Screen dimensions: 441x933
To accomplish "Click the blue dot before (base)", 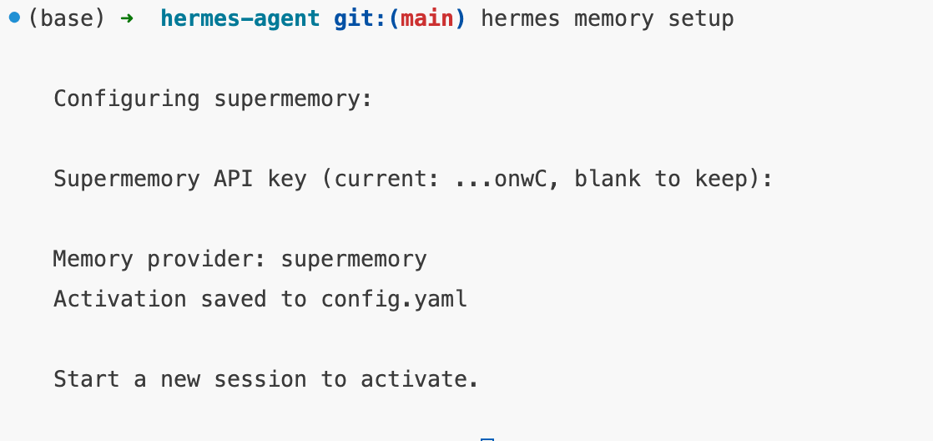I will tap(14, 18).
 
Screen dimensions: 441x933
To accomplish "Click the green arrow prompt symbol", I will tap(126, 18).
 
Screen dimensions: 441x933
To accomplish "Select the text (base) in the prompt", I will tap(67, 18).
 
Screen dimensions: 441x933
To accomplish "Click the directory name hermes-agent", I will tap(240, 18).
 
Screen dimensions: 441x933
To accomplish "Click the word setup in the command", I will tap(701, 18).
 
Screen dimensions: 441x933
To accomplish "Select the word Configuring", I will tap(127, 99).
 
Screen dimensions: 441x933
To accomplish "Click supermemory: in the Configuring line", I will tap(294, 99).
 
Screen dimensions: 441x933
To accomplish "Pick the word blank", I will tap(608, 179).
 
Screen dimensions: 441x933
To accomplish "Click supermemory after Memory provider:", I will tap(354, 259).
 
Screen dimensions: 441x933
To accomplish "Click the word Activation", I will tap(120, 299).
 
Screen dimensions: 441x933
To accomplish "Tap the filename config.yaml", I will tap(394, 299).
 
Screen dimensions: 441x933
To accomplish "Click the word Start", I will tap(87, 379).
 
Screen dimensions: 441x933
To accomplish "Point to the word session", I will tap(260, 379).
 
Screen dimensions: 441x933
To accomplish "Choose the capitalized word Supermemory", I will tap(127, 179).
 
